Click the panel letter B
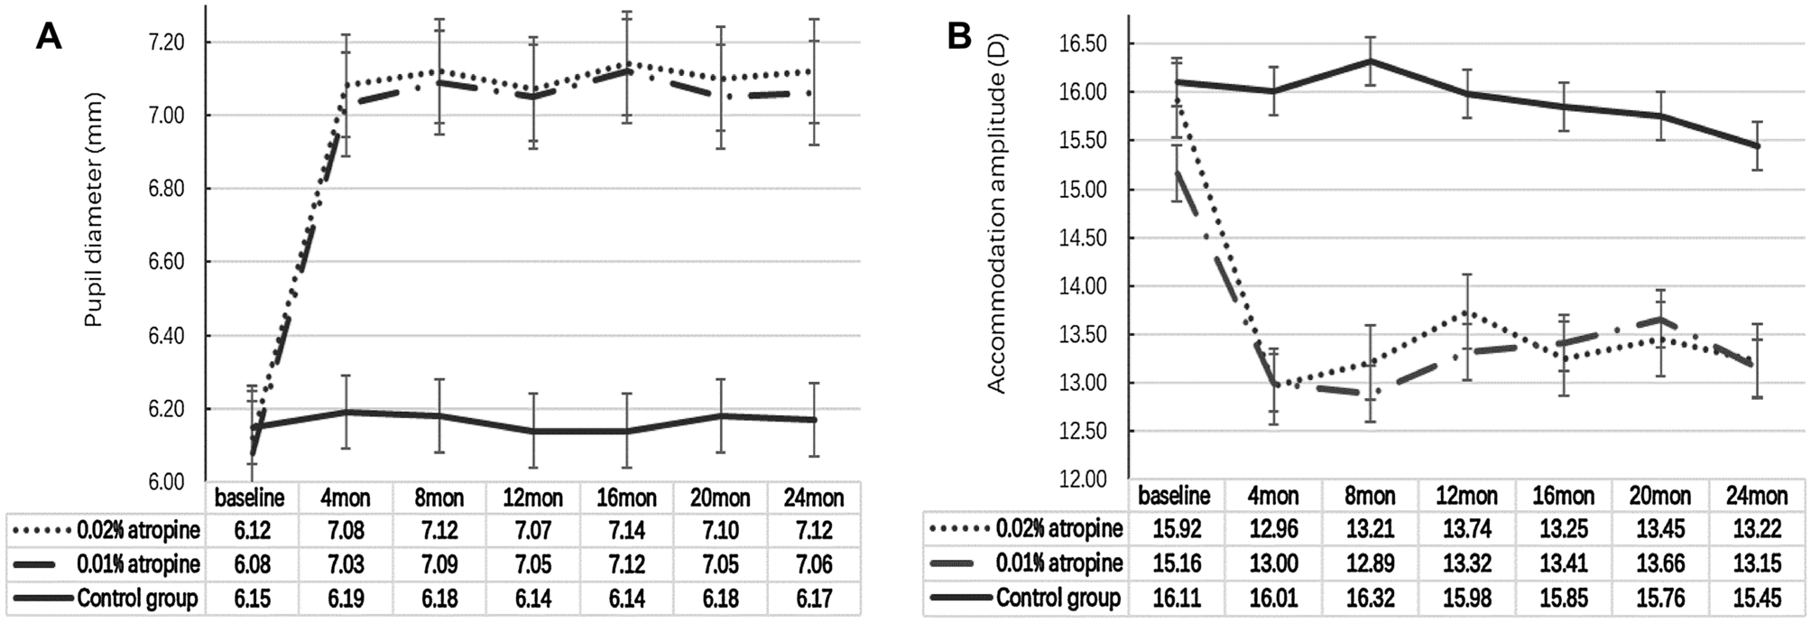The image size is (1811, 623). click(x=958, y=36)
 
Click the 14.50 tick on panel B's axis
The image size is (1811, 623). click(x=1082, y=237)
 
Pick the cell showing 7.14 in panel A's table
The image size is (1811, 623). click(x=626, y=530)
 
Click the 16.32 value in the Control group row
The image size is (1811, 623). click(x=1370, y=598)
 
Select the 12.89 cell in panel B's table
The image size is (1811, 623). click(x=1370, y=563)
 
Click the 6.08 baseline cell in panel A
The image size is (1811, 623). click(x=253, y=564)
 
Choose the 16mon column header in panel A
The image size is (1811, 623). click(x=626, y=497)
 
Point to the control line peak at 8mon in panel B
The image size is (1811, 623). click(x=1370, y=60)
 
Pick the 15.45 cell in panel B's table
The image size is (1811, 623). click(x=1756, y=598)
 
